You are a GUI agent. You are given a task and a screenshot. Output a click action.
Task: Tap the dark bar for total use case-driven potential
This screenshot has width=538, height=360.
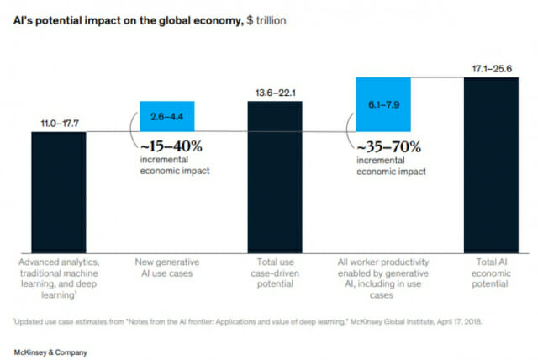[274, 177]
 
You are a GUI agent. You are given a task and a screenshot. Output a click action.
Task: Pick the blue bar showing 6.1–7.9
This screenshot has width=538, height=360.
[382, 103]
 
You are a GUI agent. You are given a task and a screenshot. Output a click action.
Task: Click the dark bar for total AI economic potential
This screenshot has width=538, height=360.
[491, 165]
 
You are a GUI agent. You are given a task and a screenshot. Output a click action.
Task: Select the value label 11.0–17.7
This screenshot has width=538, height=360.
[58, 123]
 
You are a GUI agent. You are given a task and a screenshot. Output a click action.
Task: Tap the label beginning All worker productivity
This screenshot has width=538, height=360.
[382, 277]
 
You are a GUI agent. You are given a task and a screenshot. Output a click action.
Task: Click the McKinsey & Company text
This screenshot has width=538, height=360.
[49, 350]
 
